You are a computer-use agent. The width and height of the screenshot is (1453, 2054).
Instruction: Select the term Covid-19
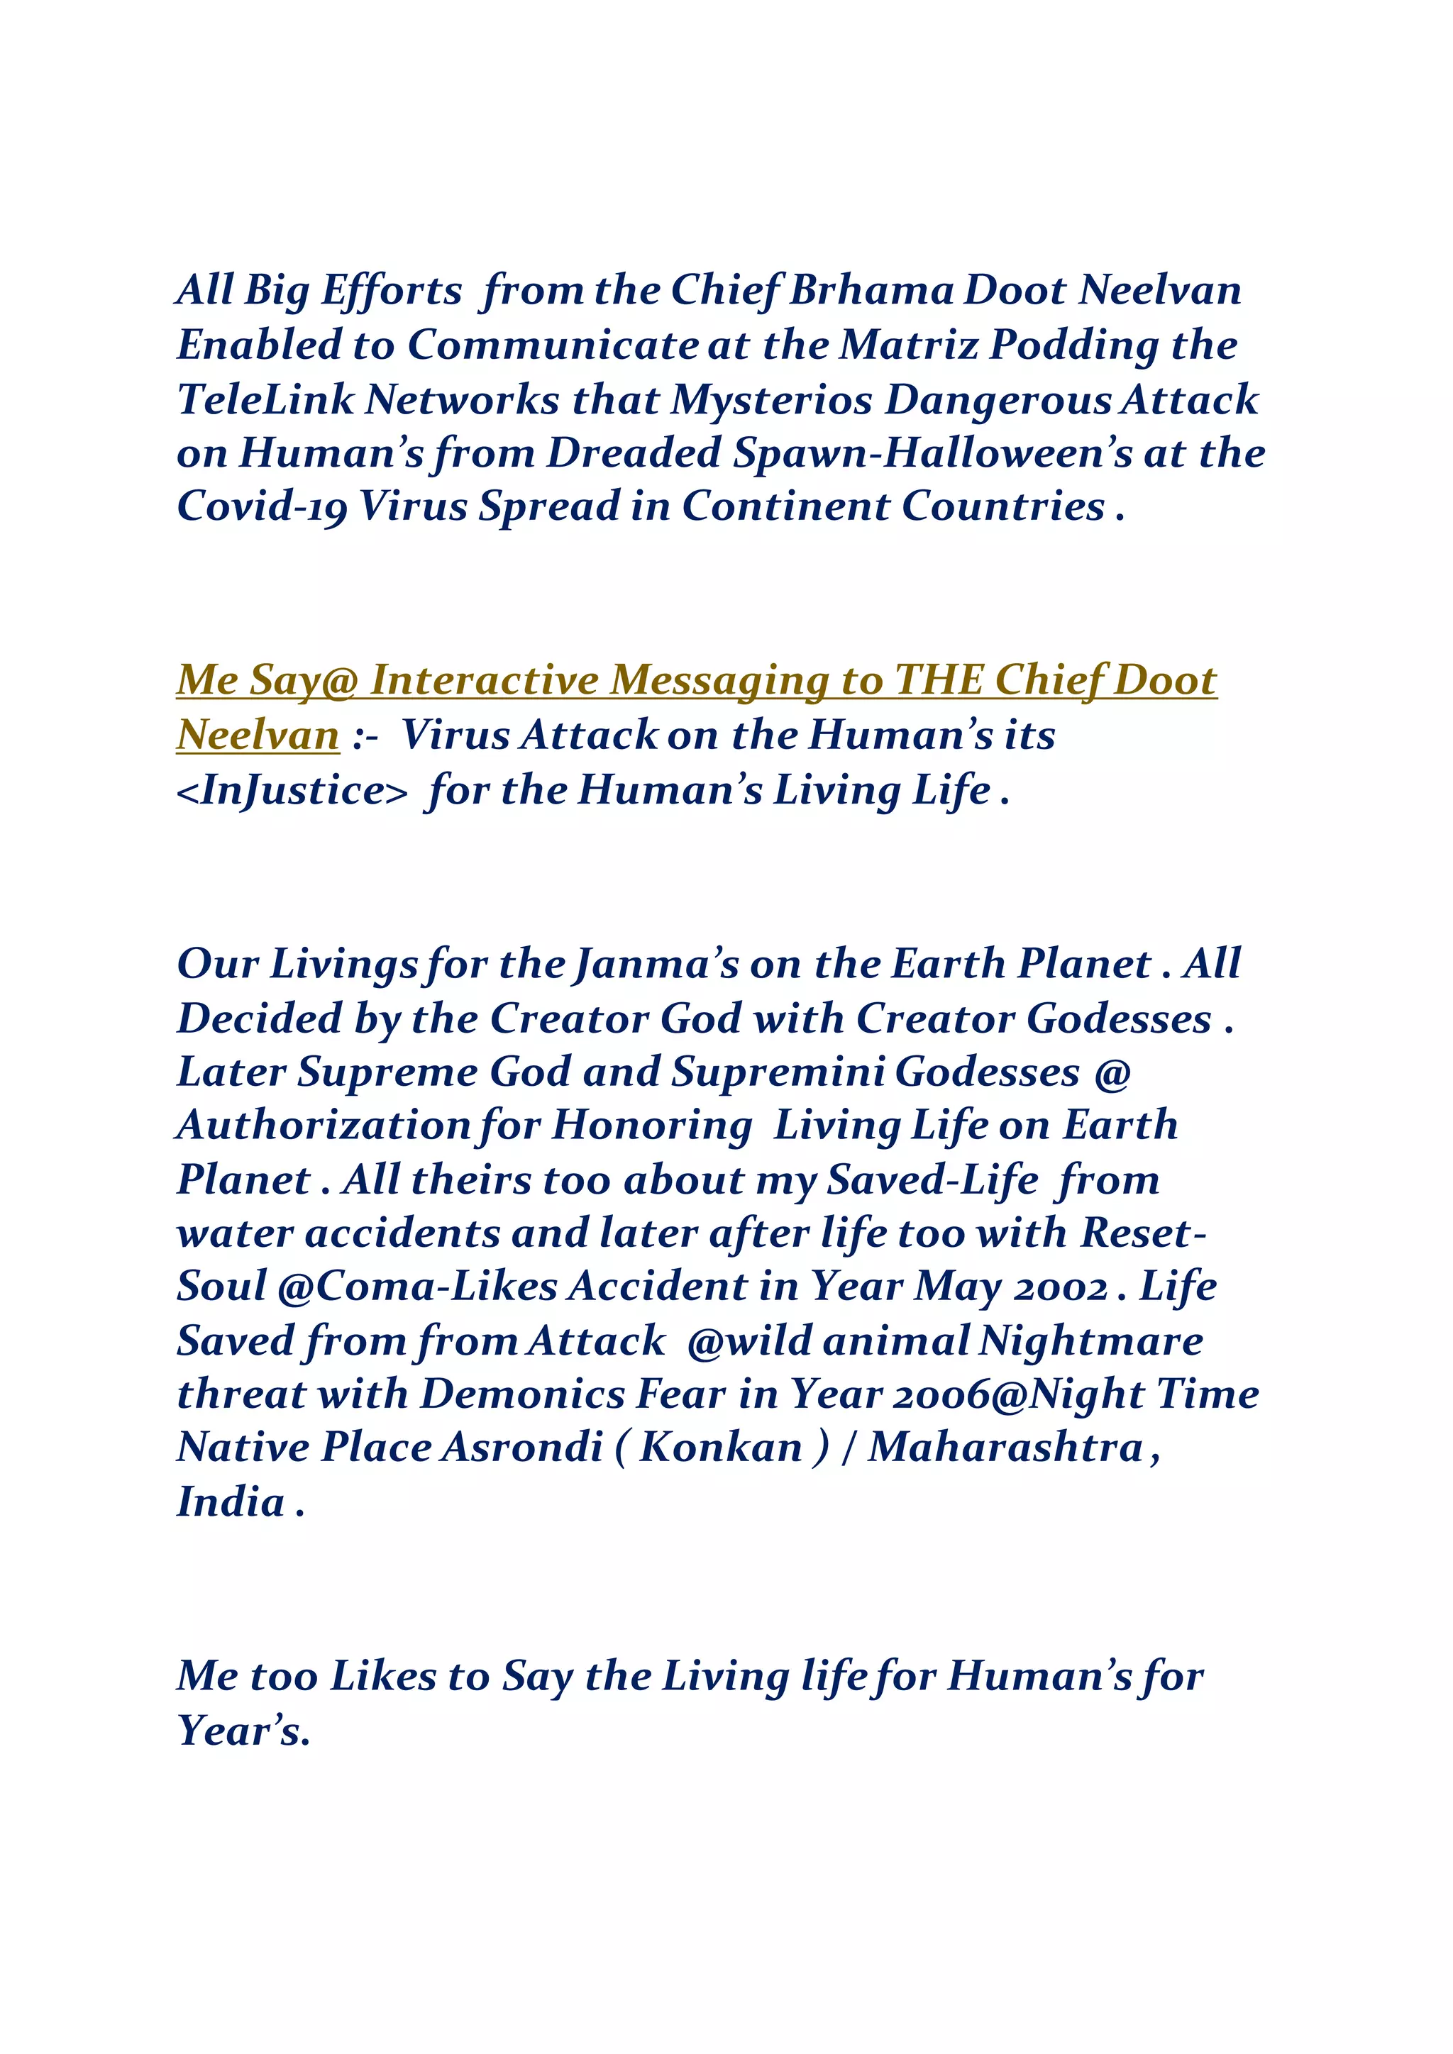[262, 507]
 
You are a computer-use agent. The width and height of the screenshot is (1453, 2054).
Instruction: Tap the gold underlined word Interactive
[485, 681]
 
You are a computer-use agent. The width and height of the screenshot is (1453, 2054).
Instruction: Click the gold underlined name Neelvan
[258, 735]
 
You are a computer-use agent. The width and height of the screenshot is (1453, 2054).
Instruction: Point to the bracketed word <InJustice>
[292, 790]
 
